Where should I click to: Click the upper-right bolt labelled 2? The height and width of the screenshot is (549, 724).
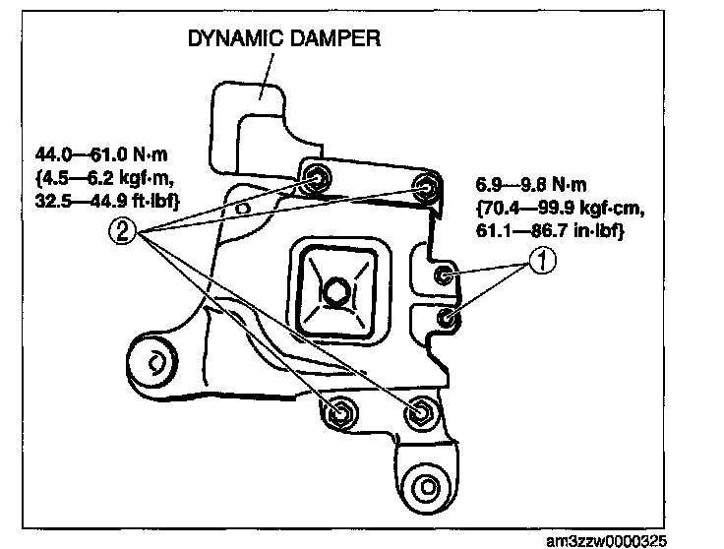(x=426, y=186)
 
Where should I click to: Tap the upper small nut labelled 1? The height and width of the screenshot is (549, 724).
(x=445, y=274)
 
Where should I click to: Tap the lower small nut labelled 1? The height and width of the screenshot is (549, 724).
(x=448, y=317)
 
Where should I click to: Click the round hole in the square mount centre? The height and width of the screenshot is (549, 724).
(x=335, y=291)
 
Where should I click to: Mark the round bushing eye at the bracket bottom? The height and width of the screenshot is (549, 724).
(x=426, y=484)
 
